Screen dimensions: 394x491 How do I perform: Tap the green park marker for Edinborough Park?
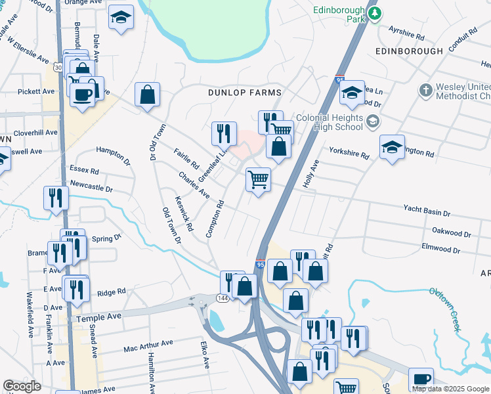[375, 14]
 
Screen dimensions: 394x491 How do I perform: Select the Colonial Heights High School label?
[329, 121]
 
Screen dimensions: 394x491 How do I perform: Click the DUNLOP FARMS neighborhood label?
[244, 93]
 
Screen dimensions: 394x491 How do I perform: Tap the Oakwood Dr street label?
[452, 232]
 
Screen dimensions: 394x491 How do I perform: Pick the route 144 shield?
[223, 298]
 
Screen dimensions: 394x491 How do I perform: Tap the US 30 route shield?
[59, 67]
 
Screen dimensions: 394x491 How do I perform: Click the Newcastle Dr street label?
[91, 186]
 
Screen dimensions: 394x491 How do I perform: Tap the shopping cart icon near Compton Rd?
[258, 179]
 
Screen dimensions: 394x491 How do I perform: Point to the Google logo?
[22, 386]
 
